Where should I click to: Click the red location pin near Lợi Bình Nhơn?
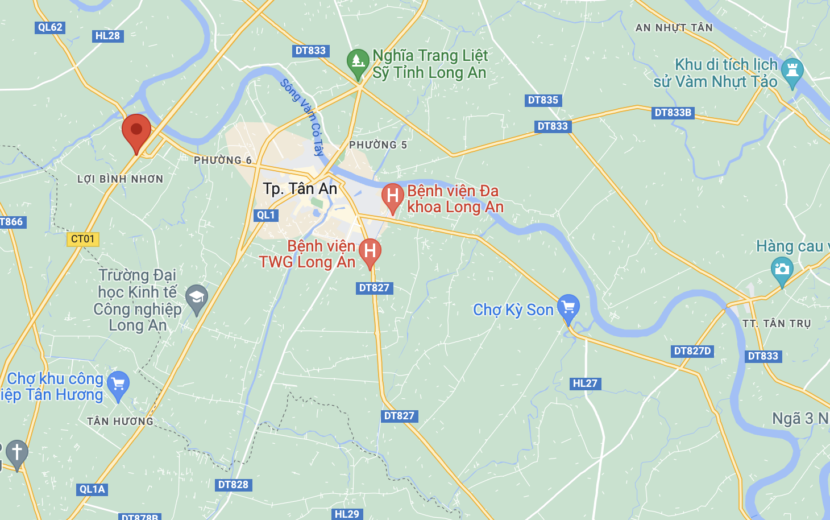[136, 130]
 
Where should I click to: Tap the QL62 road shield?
[50, 27]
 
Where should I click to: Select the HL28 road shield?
[107, 36]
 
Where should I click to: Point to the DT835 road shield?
[543, 100]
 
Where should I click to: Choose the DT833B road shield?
[673, 113]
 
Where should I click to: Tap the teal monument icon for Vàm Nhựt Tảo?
[792, 71]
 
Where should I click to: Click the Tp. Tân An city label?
[300, 188]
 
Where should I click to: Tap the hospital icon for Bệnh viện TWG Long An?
[370, 251]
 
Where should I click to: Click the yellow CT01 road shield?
[83, 239]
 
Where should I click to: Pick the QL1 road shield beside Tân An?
[266, 215]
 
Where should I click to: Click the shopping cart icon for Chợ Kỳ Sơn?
[568, 307]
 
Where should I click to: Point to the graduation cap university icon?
[197, 297]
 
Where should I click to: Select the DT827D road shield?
[692, 351]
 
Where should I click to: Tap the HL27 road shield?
[585, 383]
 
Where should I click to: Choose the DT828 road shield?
[233, 485]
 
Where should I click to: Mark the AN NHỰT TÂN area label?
[674, 27]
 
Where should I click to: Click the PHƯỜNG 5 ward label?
[378, 145]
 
